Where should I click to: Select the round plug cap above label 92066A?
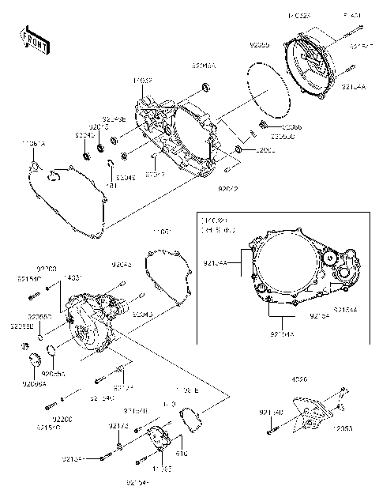tap(34, 363)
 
